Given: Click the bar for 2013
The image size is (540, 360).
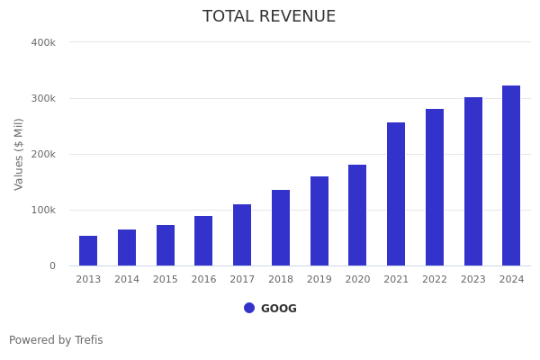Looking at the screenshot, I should pos(88,251).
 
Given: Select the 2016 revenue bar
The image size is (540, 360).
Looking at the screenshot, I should pos(203,241).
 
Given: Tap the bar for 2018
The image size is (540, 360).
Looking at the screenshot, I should pos(281,228).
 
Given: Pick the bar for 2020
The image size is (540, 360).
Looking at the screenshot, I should pos(357,215).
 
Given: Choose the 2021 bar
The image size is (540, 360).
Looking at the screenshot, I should pos(396,194).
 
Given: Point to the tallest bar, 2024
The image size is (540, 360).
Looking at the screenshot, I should pos(511,175).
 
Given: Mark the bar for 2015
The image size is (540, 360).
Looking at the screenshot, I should pos(166,246).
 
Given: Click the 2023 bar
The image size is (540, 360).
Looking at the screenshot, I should pos(473,182).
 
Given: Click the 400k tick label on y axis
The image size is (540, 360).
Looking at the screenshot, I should pos(43,42).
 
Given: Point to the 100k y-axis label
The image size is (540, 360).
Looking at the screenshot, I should pos(43,210).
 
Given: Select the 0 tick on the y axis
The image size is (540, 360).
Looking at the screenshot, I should pos(52,265).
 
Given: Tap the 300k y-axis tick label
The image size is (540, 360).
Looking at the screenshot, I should pos(43,98).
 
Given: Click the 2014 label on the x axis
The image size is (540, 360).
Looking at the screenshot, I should pos(127,280).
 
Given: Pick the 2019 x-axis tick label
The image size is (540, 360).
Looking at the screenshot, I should pos(319,280).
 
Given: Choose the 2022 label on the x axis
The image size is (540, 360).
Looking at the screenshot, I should pos(435,280).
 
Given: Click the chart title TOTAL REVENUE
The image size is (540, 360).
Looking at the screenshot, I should pos(269,17).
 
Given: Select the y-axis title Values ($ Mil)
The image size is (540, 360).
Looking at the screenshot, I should pos(19,154).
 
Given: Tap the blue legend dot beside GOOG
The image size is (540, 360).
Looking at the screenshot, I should pos(249,308).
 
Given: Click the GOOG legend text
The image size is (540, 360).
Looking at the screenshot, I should pos(279,309).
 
